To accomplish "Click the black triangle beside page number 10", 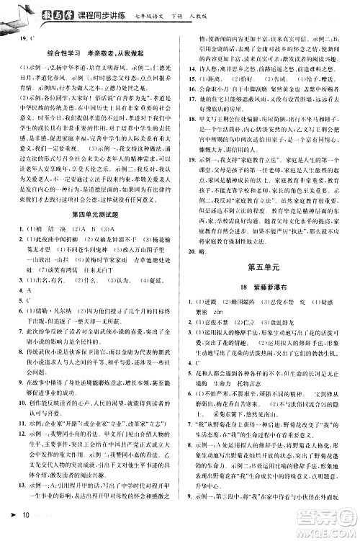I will [x=12, y=532].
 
